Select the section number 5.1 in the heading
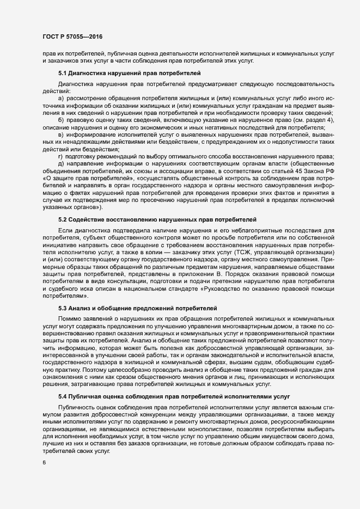click(x=63, y=72)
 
